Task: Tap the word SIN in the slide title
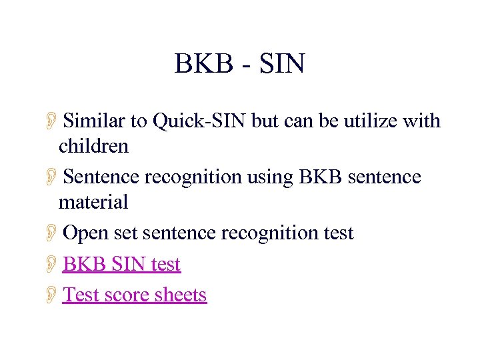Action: pos(282,64)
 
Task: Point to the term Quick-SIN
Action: pos(199,121)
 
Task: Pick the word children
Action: pos(93,145)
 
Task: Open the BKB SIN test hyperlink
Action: pos(121,265)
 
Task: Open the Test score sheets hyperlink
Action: pos(135,295)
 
